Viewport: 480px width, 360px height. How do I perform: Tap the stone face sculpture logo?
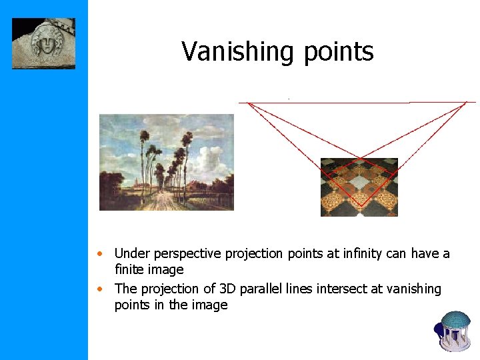pyautogui.click(x=43, y=43)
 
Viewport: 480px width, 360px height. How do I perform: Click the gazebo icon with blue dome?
pyautogui.click(x=455, y=329)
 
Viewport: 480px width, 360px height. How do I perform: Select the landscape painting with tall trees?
pyautogui.click(x=167, y=162)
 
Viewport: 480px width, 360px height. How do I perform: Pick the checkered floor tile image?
pyautogui.click(x=359, y=187)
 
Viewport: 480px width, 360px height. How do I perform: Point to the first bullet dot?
pyautogui.click(x=99, y=254)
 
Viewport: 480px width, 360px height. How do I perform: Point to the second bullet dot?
pyautogui.click(x=99, y=289)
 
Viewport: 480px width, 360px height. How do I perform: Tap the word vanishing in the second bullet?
pyautogui.click(x=413, y=289)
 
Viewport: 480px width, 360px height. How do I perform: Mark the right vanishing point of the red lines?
pyautogui.click(x=465, y=102)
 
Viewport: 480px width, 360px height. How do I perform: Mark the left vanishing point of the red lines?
pyautogui.click(x=249, y=103)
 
